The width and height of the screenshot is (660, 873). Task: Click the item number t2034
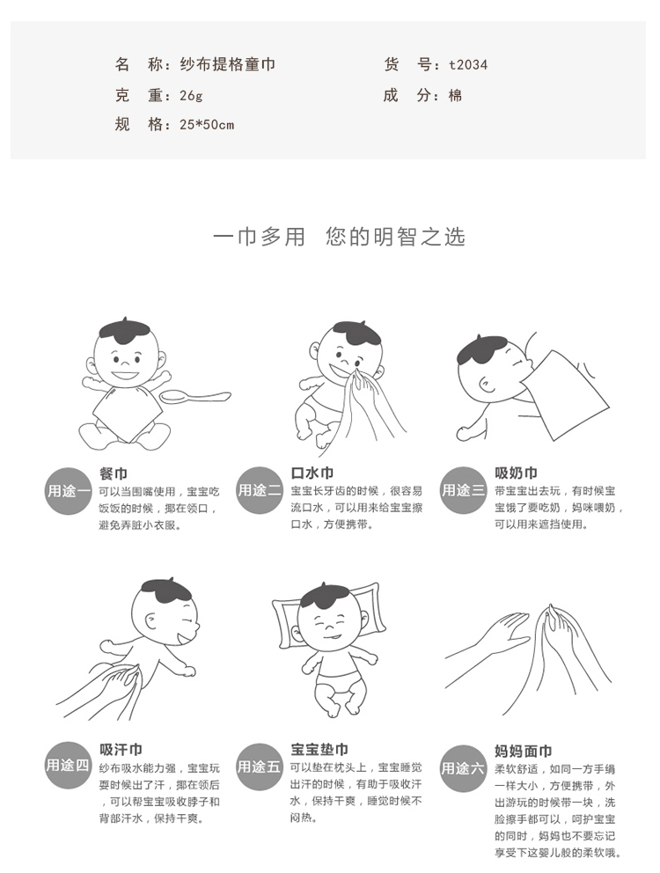point(468,65)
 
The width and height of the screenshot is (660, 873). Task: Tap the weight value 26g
point(191,96)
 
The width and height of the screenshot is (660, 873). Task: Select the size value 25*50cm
point(207,125)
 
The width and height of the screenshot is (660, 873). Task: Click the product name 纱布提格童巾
point(227,64)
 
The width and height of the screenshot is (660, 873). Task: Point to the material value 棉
point(456,96)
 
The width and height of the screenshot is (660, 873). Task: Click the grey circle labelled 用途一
point(68,491)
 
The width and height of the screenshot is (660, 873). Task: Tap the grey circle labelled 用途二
point(259,490)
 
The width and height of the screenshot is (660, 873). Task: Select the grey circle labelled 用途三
point(463,490)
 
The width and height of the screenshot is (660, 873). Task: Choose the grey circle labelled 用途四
point(68,765)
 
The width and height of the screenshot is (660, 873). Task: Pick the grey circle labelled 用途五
point(259,767)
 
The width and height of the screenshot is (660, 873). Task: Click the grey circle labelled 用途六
point(463,769)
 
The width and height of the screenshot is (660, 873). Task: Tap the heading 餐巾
point(114,473)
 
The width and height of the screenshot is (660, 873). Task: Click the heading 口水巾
point(312,473)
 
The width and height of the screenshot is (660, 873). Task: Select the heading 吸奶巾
point(516,473)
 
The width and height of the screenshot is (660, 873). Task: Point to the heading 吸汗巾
point(121,750)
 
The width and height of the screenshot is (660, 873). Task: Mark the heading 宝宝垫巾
point(319,750)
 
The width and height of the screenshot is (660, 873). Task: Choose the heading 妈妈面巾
point(523,751)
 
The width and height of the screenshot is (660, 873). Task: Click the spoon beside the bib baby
point(195,397)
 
